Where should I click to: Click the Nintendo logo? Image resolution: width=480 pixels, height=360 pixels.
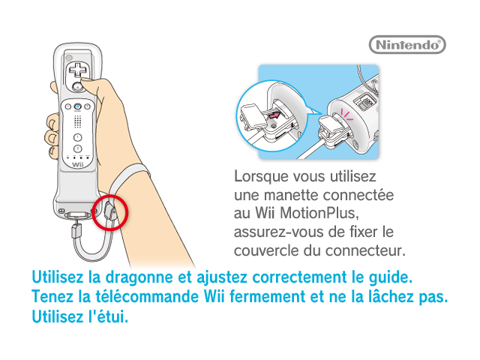(407, 45)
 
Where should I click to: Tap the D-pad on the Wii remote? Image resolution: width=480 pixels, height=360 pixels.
(78, 70)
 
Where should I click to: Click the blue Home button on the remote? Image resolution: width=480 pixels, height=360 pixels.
(78, 106)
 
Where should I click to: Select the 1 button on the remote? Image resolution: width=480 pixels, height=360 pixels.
(78, 137)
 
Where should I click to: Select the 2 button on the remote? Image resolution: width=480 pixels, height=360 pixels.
(78, 148)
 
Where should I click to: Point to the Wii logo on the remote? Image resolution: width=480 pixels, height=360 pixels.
(78, 165)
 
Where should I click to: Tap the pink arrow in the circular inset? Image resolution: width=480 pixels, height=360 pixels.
(274, 115)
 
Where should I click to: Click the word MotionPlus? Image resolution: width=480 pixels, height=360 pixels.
(319, 213)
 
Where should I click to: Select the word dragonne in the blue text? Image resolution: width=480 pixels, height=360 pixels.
(139, 277)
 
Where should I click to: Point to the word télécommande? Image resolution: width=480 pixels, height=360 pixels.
(147, 296)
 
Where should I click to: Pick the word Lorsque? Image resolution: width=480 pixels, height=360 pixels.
(261, 177)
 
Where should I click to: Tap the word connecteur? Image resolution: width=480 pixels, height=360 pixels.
(365, 251)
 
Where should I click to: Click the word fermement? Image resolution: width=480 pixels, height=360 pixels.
(267, 296)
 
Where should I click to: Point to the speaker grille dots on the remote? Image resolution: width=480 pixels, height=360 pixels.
(78, 121)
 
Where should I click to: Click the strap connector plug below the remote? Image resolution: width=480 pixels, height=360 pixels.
(76, 230)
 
